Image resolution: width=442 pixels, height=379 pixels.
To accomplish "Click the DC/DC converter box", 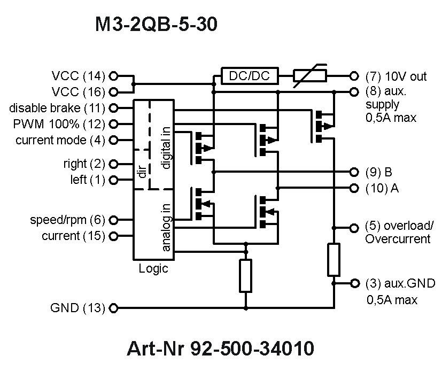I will click(x=250, y=76).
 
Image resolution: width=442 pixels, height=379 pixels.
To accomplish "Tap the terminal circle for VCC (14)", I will click(x=113, y=76).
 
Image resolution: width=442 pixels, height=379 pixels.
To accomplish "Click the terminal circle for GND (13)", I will click(x=113, y=308).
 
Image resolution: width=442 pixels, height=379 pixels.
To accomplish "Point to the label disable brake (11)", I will click(x=57, y=108).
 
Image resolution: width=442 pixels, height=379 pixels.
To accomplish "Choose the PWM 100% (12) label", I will click(x=59, y=124).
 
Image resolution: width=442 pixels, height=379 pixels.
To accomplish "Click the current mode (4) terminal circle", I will click(x=113, y=141).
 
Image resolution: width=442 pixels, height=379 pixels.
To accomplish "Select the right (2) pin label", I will click(x=84, y=164).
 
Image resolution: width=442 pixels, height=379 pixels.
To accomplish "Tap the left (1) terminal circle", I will click(x=113, y=180).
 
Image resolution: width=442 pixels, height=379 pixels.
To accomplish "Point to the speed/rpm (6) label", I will click(x=67, y=220).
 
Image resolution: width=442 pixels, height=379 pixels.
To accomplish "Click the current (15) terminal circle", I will click(x=113, y=236).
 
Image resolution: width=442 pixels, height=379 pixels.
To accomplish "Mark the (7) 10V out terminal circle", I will click(x=353, y=76).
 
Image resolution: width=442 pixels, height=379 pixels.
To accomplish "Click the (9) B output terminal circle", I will click(x=353, y=172).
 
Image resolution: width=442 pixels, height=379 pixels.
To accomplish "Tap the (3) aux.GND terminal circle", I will click(x=353, y=283).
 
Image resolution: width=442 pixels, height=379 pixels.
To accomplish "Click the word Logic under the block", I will click(x=153, y=269).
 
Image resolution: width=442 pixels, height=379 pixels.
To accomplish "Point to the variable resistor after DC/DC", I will click(x=311, y=76).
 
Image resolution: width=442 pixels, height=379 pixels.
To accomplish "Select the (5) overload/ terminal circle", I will click(x=353, y=228).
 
